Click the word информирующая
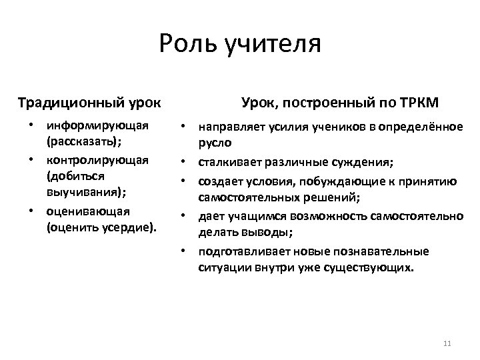97,125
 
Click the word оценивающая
88,211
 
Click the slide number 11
447,343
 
